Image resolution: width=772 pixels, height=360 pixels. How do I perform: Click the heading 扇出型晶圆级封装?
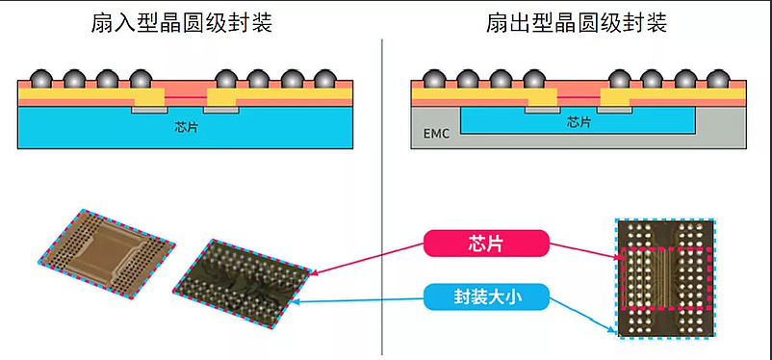point(576,23)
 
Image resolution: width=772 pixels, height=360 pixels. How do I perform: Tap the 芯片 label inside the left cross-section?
point(187,126)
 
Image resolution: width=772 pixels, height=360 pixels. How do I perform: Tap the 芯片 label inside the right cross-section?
point(579,122)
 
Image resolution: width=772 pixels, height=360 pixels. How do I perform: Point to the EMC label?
point(437,134)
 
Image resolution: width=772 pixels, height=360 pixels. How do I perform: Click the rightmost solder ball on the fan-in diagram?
point(324,80)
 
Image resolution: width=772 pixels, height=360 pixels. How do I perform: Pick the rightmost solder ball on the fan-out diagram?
point(717,80)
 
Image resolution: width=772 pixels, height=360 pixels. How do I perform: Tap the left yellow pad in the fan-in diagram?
point(149,100)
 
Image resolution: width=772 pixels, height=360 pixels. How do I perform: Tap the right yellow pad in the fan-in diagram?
point(221,100)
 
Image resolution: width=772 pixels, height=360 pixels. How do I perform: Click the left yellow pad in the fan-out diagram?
point(542,98)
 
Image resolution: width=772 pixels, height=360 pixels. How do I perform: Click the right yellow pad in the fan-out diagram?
point(614,98)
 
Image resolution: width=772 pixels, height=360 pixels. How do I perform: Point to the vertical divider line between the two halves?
point(384,193)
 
